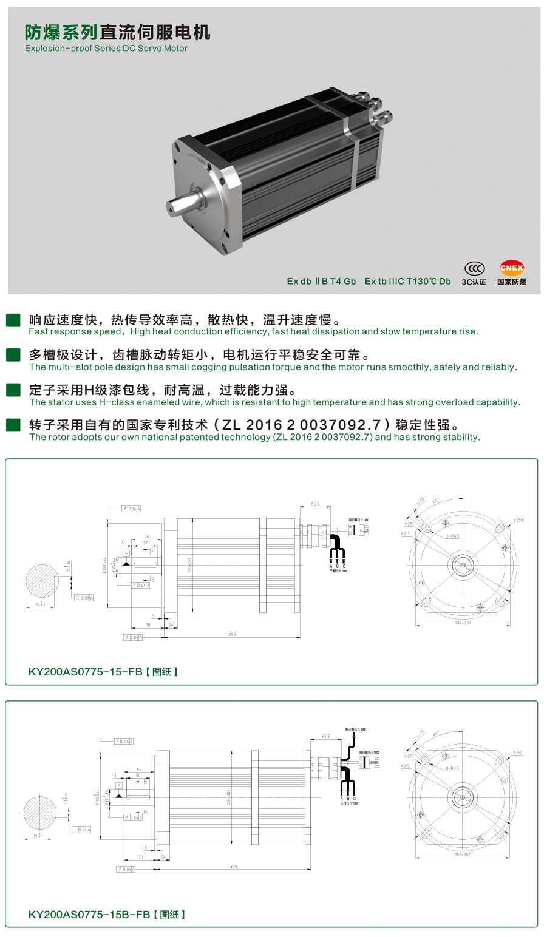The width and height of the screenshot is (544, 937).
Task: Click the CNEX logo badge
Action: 511,268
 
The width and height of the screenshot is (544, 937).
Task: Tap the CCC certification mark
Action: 474,268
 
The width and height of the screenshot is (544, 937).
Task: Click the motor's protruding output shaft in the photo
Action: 185,202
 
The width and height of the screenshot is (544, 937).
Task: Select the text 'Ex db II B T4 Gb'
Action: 321,282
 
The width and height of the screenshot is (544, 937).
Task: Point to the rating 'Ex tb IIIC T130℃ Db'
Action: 407,282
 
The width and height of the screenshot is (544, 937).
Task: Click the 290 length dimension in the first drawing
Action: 232,634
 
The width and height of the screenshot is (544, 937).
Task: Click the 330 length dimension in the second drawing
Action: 234,866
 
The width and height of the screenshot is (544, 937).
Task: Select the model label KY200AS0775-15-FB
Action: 86,672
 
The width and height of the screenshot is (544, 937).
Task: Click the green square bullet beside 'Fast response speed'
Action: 13,320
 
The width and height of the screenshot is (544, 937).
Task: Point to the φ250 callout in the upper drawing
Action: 517,520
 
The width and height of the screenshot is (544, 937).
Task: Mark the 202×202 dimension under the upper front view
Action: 463,623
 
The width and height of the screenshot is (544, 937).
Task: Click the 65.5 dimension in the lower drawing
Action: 326,736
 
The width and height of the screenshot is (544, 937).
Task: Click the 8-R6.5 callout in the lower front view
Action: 452,768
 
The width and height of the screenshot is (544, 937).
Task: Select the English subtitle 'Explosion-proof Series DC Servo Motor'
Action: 106,49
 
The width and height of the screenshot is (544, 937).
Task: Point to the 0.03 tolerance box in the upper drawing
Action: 85,598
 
